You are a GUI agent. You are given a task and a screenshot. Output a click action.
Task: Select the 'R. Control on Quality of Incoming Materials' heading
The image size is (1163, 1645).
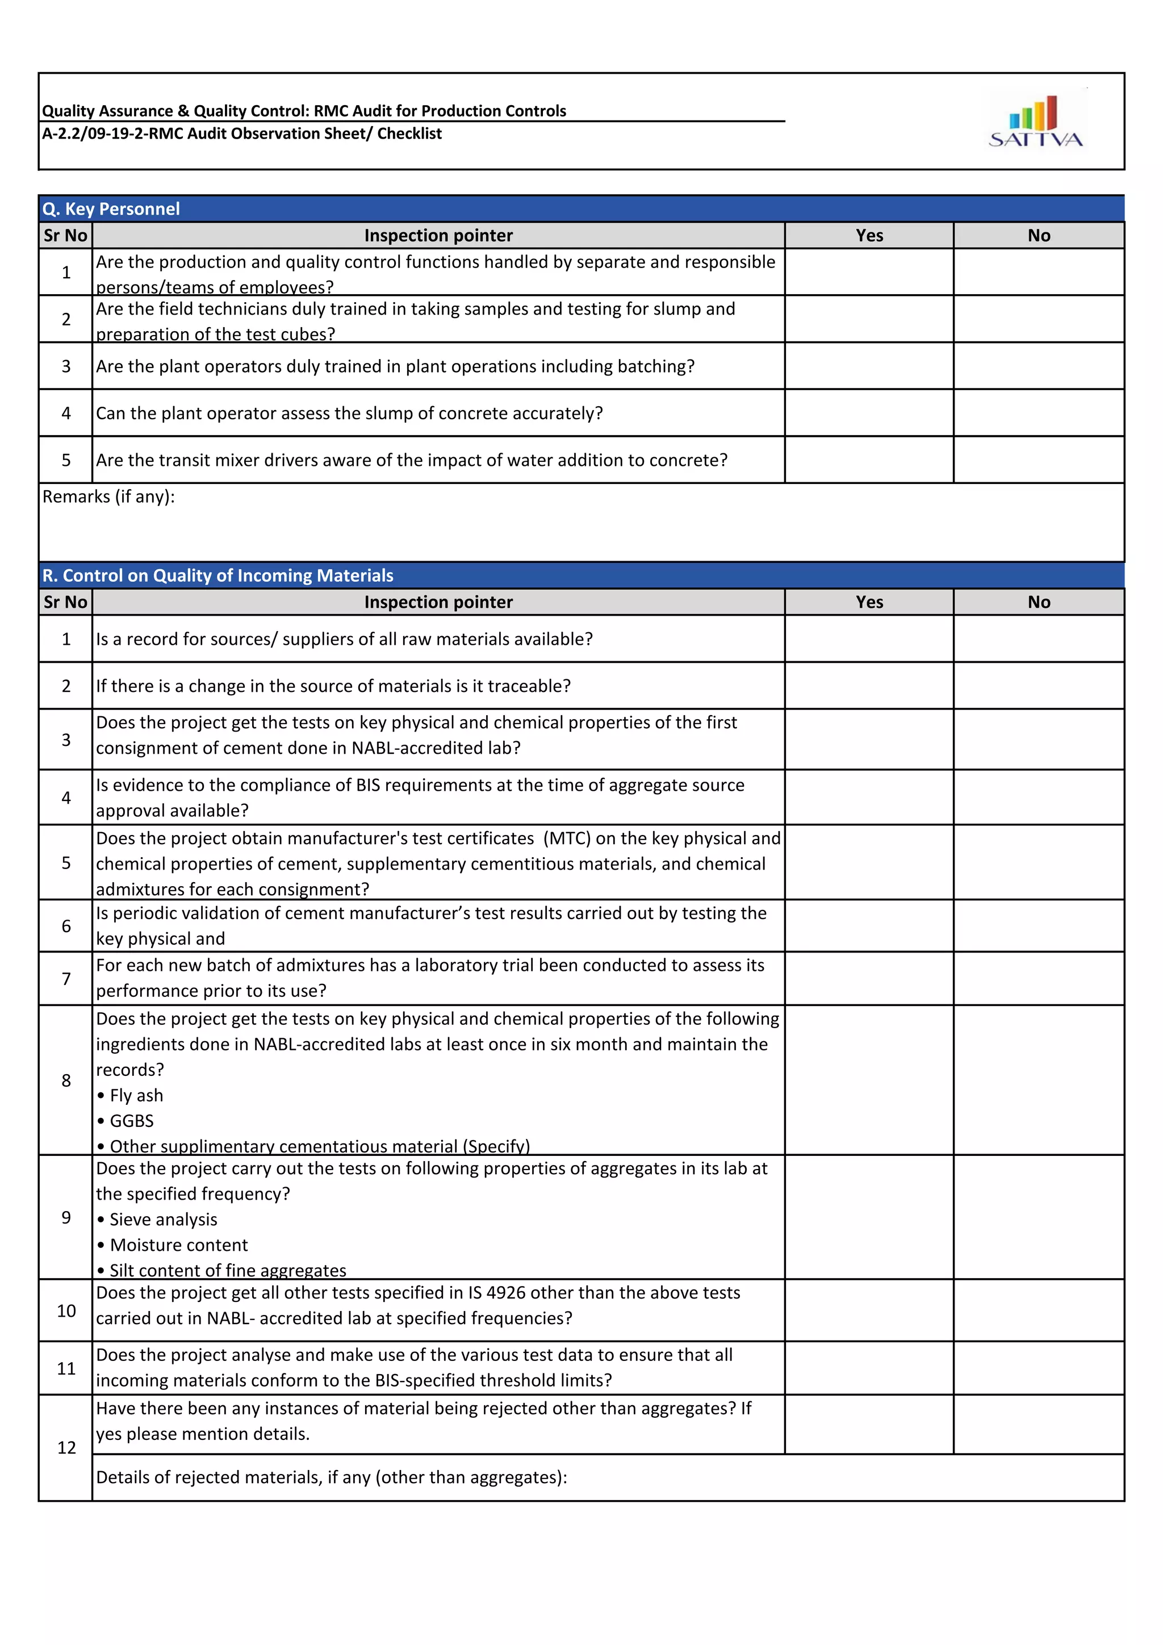[x=217, y=575]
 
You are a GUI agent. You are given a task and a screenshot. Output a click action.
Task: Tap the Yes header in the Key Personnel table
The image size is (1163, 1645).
[x=869, y=236]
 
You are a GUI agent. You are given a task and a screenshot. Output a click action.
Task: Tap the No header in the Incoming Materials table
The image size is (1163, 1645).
[x=1039, y=602]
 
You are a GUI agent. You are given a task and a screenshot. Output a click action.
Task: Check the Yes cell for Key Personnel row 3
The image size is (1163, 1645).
[x=869, y=366]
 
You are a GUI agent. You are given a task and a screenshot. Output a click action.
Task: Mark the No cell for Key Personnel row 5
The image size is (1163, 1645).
[x=1039, y=460]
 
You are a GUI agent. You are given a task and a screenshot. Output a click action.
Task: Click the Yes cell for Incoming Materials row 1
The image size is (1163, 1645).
[x=869, y=638]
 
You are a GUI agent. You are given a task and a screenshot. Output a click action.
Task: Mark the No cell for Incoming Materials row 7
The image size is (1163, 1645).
[x=1039, y=978]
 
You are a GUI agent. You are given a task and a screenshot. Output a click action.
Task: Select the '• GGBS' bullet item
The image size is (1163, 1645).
[x=125, y=1121]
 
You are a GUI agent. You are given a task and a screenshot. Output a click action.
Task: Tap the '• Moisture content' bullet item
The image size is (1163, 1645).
[x=173, y=1245]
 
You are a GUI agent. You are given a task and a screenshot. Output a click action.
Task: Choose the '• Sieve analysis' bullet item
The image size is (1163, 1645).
[x=157, y=1220]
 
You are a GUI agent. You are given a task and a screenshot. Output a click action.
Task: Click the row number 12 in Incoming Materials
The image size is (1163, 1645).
[x=66, y=1447]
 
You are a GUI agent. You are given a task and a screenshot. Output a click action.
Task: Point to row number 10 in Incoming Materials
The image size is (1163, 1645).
[x=66, y=1310]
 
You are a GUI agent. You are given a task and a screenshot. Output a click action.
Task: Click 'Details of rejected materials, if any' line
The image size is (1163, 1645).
[x=332, y=1477]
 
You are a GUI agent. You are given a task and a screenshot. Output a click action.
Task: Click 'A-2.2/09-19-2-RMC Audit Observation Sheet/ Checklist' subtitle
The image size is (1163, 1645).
[x=242, y=133]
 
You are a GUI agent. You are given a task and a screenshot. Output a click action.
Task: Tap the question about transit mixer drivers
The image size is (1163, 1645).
[x=412, y=460]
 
